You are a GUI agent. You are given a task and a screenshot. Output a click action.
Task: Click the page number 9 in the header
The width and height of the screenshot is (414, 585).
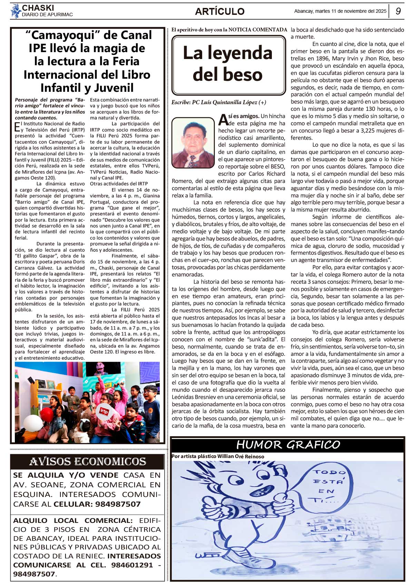(398, 11)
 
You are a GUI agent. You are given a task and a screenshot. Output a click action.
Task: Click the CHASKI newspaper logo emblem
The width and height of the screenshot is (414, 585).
(16, 11)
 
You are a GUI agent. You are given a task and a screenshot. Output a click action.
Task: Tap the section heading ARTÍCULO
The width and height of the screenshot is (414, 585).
(219, 11)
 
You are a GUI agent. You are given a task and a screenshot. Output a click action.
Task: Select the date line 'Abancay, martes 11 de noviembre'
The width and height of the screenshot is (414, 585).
(340, 11)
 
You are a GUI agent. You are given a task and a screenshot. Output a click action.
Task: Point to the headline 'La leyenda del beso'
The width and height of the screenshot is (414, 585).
(228, 64)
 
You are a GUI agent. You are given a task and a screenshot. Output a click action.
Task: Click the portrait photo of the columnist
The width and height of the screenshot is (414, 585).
(193, 143)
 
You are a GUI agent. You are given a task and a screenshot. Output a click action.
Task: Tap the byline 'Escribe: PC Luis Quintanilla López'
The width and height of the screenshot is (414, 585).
(219, 102)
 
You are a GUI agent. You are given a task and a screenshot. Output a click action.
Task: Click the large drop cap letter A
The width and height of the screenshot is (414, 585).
(223, 119)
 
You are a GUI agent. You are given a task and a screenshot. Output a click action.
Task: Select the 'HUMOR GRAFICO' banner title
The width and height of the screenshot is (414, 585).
(288, 445)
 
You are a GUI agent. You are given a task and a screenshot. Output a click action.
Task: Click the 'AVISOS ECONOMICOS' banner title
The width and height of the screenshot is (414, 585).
(87, 461)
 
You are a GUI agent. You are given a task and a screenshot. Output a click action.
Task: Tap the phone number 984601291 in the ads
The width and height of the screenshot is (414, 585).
(132, 565)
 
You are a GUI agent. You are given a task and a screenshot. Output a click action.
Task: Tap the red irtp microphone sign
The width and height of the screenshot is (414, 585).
(104, 411)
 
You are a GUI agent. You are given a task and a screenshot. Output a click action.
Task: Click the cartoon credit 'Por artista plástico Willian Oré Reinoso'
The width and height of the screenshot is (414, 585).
(218, 456)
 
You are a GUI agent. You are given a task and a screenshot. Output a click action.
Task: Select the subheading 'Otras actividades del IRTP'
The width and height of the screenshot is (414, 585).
(119, 184)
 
